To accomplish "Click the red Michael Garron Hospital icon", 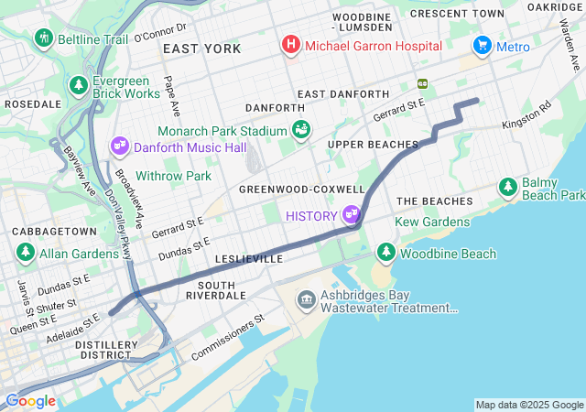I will pyautogui.click(x=291, y=44).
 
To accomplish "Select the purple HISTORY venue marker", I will pyautogui.click(x=351, y=215).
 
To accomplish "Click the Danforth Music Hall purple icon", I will pyautogui.click(x=120, y=146).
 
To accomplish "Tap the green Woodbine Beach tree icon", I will pyautogui.click(x=385, y=252).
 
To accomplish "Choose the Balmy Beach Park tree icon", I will pyautogui.click(x=508, y=187).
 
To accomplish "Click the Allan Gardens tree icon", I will pyautogui.click(x=26, y=251).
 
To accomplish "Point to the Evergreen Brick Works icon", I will pyautogui.click(x=79, y=85).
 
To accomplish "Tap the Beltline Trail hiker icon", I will pyautogui.click(x=43, y=38).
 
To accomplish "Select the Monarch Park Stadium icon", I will pyautogui.click(x=300, y=131).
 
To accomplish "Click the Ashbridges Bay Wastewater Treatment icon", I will pyautogui.click(x=306, y=299).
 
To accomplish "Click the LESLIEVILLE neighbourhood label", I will pyautogui.click(x=248, y=259).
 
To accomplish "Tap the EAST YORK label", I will pyautogui.click(x=201, y=49).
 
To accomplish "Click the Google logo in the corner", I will pyautogui.click(x=30, y=401).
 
